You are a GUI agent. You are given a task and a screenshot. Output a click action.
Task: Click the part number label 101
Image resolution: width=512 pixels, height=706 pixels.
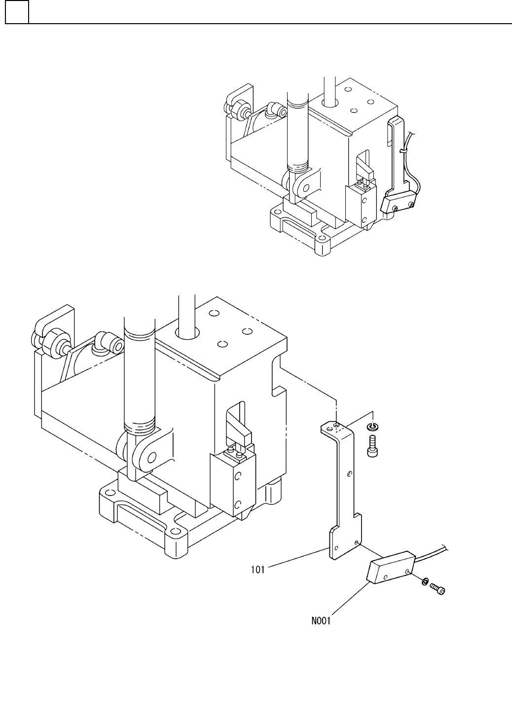pyautogui.click(x=257, y=570)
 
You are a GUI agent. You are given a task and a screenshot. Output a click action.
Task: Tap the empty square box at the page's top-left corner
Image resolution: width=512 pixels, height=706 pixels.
pyautogui.click(x=17, y=12)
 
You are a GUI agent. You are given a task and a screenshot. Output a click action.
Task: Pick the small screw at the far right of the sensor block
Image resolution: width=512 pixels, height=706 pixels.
pyautogui.click(x=437, y=587)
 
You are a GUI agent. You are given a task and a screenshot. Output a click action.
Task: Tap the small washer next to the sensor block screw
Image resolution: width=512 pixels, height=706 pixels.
pyautogui.click(x=424, y=582)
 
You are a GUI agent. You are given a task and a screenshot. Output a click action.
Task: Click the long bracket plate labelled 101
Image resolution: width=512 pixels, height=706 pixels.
pyautogui.click(x=346, y=493)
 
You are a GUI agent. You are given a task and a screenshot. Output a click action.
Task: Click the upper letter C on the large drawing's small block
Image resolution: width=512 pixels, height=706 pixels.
pyautogui.click(x=238, y=476)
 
